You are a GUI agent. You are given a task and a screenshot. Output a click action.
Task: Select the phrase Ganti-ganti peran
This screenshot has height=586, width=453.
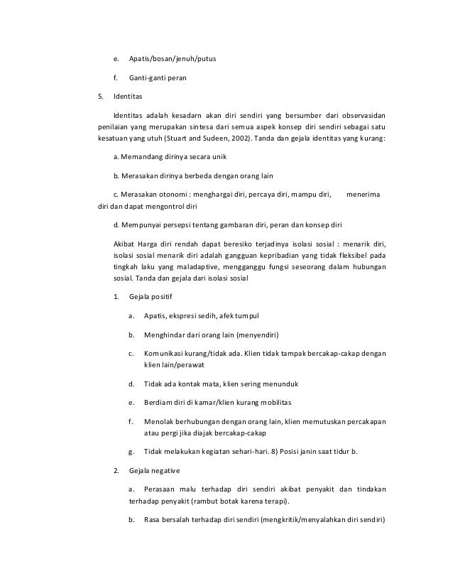[x=158, y=77]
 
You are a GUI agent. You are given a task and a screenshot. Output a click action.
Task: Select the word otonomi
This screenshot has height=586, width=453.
[x=168, y=194]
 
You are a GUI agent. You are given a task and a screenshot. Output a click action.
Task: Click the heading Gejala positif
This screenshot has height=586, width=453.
[x=151, y=295]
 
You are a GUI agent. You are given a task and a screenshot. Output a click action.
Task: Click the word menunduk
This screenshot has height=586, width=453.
[x=279, y=384]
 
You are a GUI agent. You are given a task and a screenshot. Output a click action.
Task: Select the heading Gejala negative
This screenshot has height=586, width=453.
[x=155, y=471]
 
